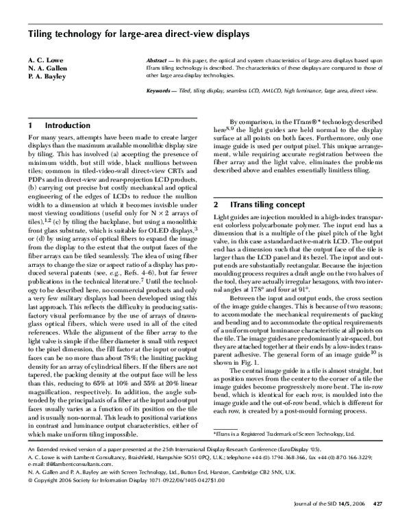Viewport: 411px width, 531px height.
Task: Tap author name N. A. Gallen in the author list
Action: pyautogui.click(x=47, y=70)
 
